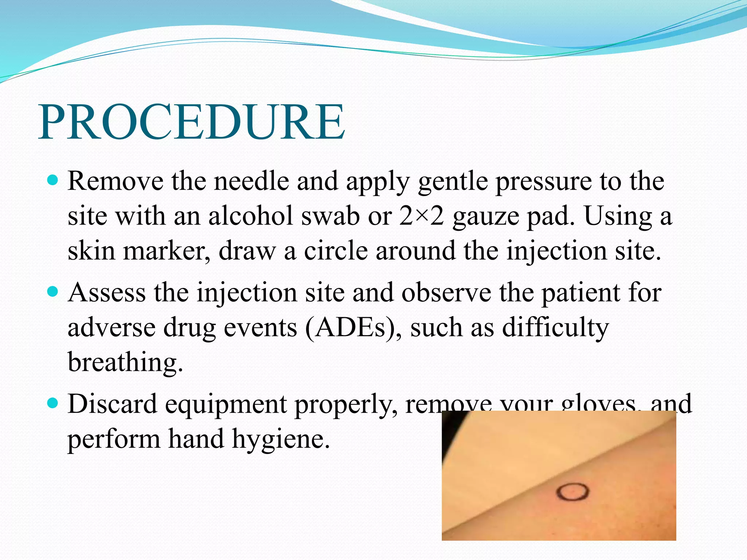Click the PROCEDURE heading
pyautogui.click(x=191, y=122)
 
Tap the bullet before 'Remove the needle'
pyautogui.click(x=53, y=180)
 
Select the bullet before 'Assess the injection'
pyautogui.click(x=53, y=291)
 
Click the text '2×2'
pyautogui.click(x=421, y=216)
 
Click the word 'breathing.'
pyautogui.click(x=125, y=362)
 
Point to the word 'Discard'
pyautogui.click(x=112, y=404)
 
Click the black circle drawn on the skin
pyautogui.click(x=573, y=492)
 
